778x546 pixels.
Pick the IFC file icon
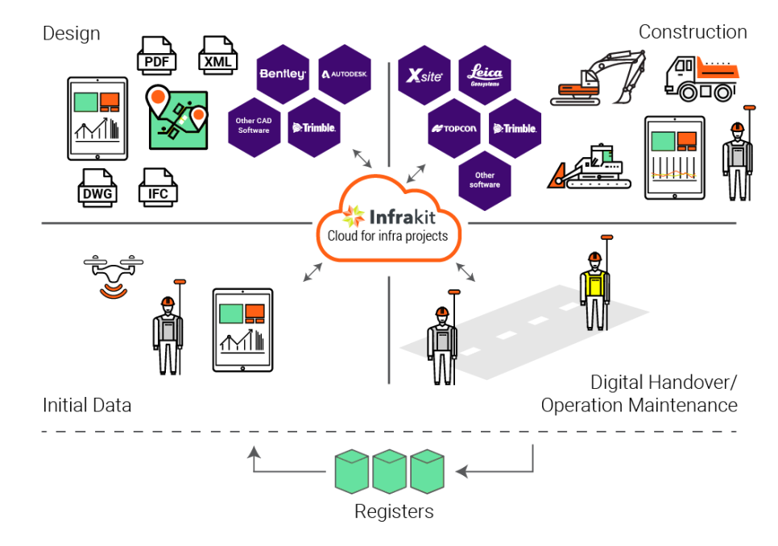[x=158, y=187]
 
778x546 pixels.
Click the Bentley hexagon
[x=283, y=74]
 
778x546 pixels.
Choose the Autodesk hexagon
[x=345, y=74]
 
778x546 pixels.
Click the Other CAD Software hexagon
[x=254, y=126]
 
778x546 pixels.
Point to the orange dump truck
[x=701, y=78]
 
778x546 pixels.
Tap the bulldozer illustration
[x=586, y=168]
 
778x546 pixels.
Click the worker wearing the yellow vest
[x=594, y=287]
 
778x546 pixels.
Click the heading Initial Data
[x=87, y=405]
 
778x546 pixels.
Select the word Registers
[x=394, y=511]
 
